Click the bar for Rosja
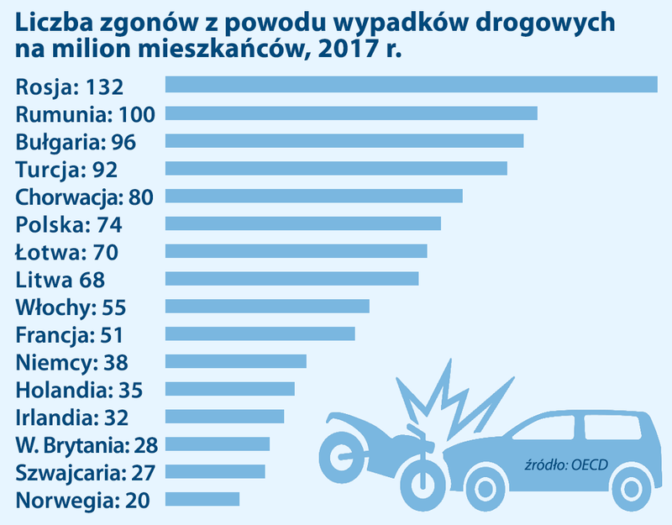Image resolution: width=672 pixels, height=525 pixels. coord(411,84)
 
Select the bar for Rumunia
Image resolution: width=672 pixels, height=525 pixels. coord(351,113)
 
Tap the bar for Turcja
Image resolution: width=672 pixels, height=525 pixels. coord(336,168)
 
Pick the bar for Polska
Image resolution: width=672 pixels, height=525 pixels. coord(303,223)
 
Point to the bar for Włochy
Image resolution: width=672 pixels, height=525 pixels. coord(267,306)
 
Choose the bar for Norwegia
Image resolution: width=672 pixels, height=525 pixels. coord(202,499)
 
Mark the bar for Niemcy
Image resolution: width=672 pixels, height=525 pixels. coord(236,361)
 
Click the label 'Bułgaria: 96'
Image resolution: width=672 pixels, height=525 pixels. coord(76,141)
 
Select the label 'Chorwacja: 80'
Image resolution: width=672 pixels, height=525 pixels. coord(87,197)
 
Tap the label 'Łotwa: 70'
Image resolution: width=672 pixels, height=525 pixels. coord(67,251)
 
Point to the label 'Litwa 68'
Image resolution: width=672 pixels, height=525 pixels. coord(60,279)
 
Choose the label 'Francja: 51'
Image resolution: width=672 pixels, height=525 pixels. coord(70,334)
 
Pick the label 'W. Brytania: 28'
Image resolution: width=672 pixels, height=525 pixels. coord(87,444)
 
